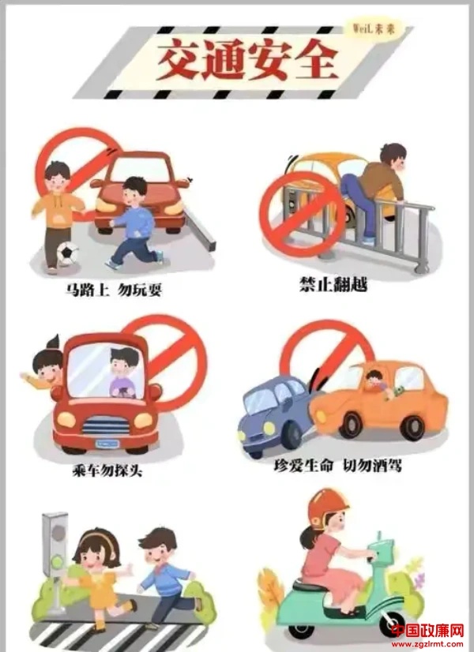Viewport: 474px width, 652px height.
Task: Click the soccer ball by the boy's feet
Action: click(x=67, y=253)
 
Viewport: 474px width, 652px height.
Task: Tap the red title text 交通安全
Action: click(x=247, y=60)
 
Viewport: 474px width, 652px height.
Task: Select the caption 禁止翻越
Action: click(x=333, y=285)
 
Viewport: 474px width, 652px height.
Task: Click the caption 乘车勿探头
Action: click(x=107, y=470)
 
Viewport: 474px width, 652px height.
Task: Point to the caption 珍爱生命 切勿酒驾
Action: click(x=337, y=466)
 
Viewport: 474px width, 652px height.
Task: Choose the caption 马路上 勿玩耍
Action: click(x=113, y=290)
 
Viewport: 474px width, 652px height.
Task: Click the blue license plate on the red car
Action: click(x=107, y=444)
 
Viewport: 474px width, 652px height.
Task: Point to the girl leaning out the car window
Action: click(x=42, y=369)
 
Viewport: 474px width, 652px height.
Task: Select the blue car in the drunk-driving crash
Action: click(x=276, y=416)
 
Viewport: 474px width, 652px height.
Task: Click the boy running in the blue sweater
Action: click(x=135, y=223)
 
